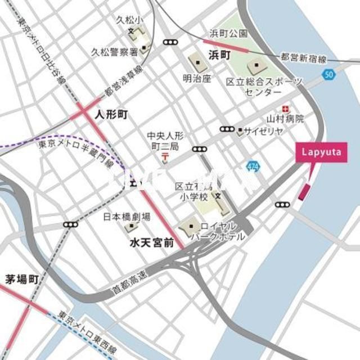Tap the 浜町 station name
[x=220, y=55]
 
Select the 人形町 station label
[x=111, y=115]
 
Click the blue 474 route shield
[x=253, y=167]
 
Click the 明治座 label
[x=197, y=79]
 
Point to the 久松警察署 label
[x=115, y=52]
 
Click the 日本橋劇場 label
[x=127, y=216]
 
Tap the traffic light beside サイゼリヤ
[x=227, y=129]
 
